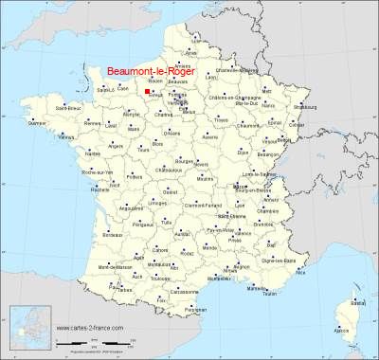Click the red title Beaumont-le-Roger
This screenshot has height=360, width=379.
point(149,69)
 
